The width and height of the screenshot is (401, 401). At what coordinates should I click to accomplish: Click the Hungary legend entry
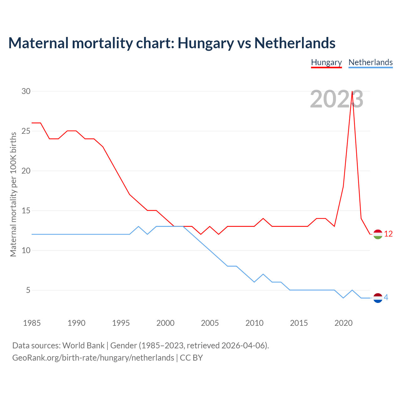pyautogui.click(x=326, y=62)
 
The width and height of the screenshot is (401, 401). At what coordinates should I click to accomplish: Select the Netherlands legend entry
pyautogui.click(x=370, y=62)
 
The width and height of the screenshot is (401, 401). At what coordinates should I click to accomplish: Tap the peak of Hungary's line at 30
pyautogui.click(x=352, y=91)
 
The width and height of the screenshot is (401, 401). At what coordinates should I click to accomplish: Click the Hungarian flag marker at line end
pyautogui.click(x=378, y=234)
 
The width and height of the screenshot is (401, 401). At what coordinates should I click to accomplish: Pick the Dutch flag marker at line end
pyautogui.click(x=378, y=298)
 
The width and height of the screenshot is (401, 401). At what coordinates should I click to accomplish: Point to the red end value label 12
pyautogui.click(x=388, y=234)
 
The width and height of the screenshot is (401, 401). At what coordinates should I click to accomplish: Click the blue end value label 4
pyautogui.click(x=386, y=297)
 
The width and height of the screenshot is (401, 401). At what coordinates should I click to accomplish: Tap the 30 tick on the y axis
pyautogui.click(x=26, y=91)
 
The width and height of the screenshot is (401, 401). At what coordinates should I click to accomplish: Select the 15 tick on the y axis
pyautogui.click(x=26, y=211)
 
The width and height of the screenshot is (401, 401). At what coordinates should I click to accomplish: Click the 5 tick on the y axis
pyautogui.click(x=28, y=290)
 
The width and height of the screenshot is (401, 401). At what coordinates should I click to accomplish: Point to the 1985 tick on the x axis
pyautogui.click(x=32, y=323)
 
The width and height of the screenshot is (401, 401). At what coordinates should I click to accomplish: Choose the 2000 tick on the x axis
pyautogui.click(x=165, y=323)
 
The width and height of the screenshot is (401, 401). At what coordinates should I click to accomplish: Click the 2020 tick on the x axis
pyautogui.click(x=343, y=323)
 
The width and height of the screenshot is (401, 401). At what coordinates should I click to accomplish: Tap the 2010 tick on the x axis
pyautogui.click(x=254, y=323)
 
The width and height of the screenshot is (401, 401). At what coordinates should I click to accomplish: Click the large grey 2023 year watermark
pyautogui.click(x=336, y=99)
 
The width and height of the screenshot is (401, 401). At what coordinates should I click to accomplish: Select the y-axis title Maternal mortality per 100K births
pyautogui.click(x=13, y=194)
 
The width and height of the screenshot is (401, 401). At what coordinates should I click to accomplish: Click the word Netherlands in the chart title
pyautogui.click(x=295, y=43)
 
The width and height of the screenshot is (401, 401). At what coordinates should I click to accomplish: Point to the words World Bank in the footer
pyautogui.click(x=83, y=346)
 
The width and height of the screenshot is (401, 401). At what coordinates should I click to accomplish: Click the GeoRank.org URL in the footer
pyautogui.click(x=93, y=358)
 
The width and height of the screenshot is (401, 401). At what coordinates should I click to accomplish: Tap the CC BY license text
pyautogui.click(x=191, y=358)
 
